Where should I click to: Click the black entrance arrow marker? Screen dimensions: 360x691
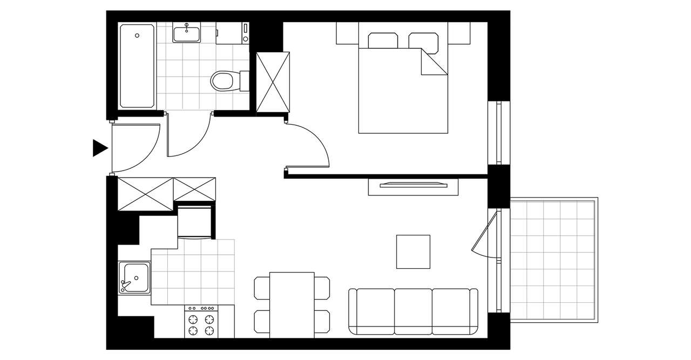click(99, 147)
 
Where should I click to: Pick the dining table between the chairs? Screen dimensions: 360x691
click(292, 304)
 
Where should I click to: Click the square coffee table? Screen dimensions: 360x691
click(413, 252)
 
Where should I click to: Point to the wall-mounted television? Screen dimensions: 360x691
click(414, 185)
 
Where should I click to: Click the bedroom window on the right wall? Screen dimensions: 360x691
click(498, 132)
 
